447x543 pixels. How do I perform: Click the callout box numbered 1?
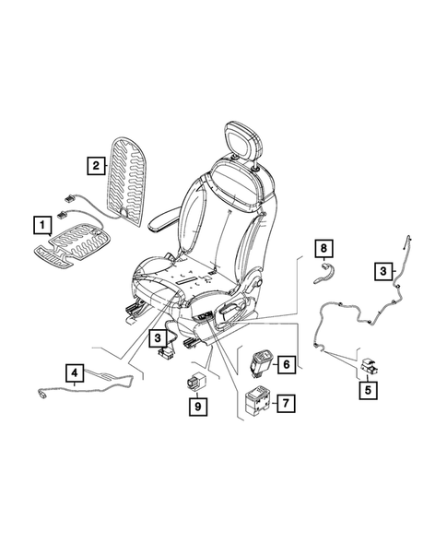coord(41,224)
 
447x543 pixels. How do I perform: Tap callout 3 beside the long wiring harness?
coord(381,270)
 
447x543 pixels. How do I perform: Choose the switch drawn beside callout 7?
coord(255,401)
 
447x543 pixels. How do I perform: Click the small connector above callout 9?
coord(196,380)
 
